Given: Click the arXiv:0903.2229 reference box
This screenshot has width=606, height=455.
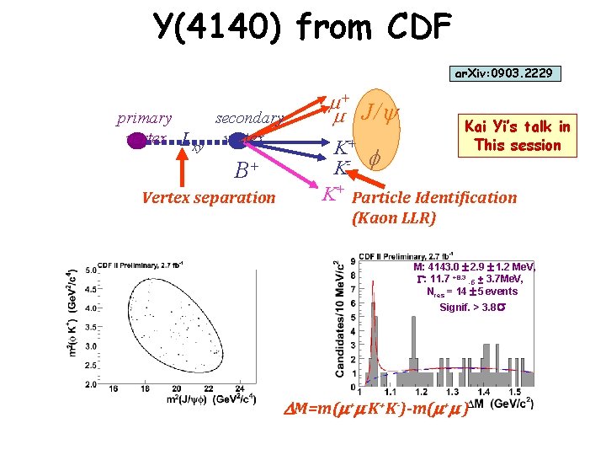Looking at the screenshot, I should (503, 74).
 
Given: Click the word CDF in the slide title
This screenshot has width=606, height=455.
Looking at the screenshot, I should (413, 27).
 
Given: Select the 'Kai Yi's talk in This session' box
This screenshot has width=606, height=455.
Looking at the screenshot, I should (517, 136).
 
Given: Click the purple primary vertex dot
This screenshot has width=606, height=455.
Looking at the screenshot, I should (136, 140).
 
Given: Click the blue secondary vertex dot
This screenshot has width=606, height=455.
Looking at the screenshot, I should (239, 140).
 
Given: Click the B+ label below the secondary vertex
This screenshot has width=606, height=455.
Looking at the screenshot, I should (247, 171).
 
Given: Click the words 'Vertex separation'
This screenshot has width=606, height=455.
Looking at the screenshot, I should (209, 198).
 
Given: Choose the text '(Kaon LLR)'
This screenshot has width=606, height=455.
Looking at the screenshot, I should (394, 218).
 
